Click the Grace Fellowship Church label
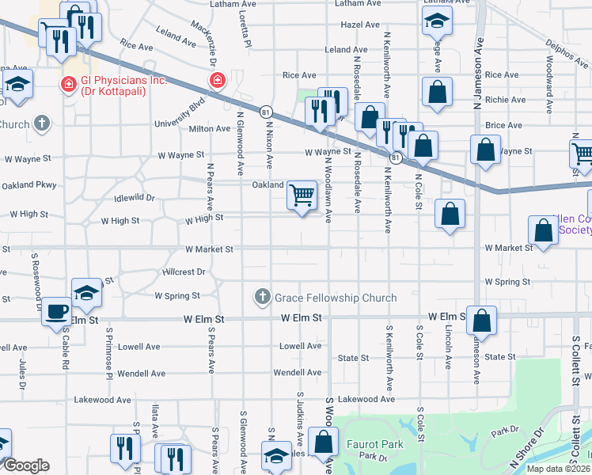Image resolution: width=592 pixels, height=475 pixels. coord(335,298)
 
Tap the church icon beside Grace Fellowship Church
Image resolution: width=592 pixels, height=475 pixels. coord(262,298)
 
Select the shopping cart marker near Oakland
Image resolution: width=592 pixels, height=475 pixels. coord(302,194)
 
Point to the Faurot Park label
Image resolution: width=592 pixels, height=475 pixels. coord(375,444)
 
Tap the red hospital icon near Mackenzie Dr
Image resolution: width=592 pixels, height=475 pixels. coord(215,79)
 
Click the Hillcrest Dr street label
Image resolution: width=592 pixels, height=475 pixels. coord(184,272)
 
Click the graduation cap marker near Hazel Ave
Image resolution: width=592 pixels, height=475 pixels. coord(436,22)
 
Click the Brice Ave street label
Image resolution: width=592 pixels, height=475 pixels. coord(504,125)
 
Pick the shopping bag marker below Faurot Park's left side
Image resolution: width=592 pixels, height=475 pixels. coord(322,443)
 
